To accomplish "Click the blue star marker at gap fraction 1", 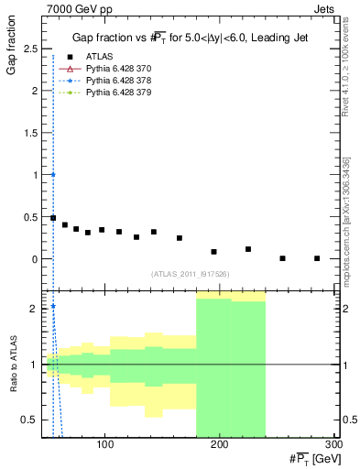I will click(x=53, y=174).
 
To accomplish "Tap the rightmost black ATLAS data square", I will click(x=317, y=258).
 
